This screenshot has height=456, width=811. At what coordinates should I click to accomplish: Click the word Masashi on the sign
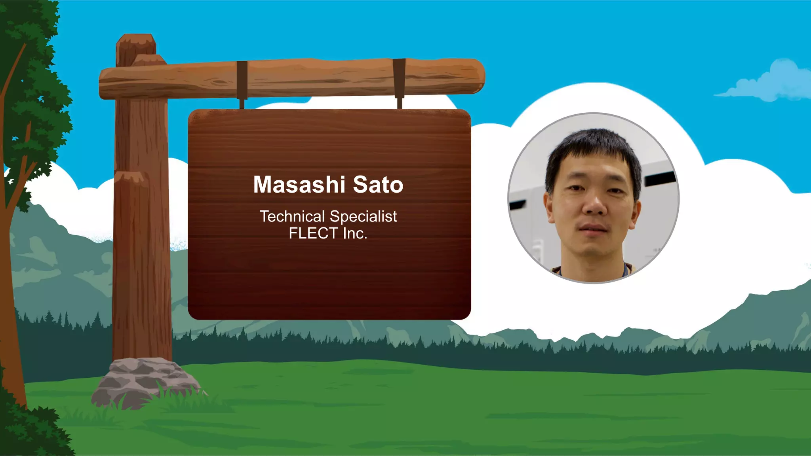click(299, 185)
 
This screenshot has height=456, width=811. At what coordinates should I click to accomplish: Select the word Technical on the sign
click(292, 216)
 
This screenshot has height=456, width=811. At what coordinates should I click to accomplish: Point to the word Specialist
click(363, 217)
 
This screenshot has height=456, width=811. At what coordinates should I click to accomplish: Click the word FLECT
click(313, 233)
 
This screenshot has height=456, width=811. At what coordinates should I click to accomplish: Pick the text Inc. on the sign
click(355, 233)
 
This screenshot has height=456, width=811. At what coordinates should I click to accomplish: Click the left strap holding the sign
click(242, 81)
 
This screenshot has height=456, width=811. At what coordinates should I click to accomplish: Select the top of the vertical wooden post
click(136, 40)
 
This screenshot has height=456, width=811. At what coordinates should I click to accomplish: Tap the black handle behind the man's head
click(659, 179)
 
